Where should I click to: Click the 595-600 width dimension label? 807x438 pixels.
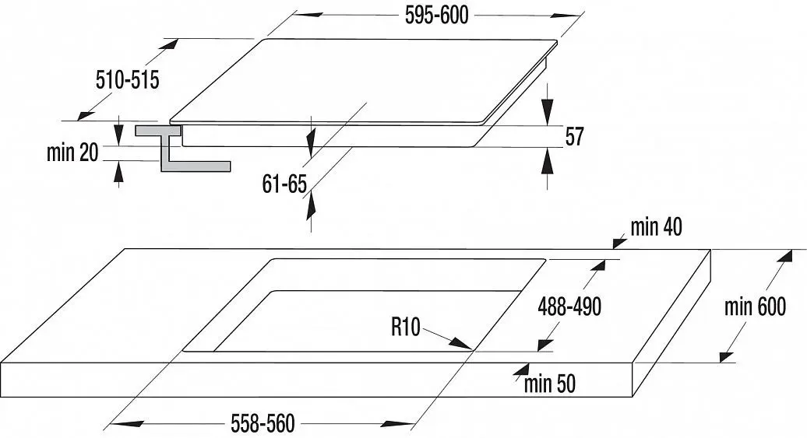(436, 16)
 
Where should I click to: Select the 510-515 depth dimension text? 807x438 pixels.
(128, 80)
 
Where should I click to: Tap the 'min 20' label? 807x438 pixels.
(72, 152)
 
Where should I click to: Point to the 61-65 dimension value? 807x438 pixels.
(284, 184)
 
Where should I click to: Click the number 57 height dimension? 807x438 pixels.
(574, 136)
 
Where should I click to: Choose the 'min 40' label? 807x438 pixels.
(656, 226)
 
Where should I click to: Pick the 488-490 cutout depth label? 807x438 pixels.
(569, 307)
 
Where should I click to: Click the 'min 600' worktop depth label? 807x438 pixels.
(755, 307)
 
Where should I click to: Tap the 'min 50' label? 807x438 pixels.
(550, 384)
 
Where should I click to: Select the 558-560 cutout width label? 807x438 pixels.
(263, 423)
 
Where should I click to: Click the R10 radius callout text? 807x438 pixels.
(406, 327)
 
